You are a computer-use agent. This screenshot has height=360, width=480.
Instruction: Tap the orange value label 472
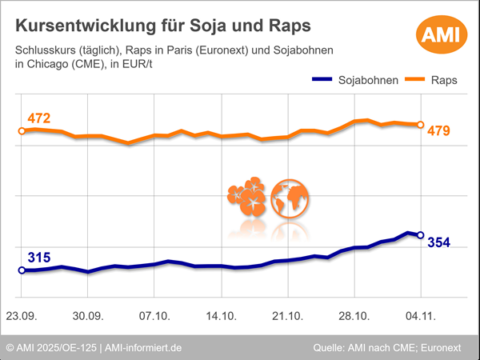tap(38, 119)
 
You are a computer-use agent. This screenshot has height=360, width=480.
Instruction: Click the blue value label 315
tap(38, 258)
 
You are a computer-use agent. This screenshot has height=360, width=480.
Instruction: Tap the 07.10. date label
tap(154, 316)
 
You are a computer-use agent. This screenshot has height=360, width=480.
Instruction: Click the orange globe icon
tap(290, 198)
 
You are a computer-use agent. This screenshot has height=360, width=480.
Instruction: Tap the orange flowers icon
tap(246, 199)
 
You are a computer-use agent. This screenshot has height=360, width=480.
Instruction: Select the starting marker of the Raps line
tap(22, 130)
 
